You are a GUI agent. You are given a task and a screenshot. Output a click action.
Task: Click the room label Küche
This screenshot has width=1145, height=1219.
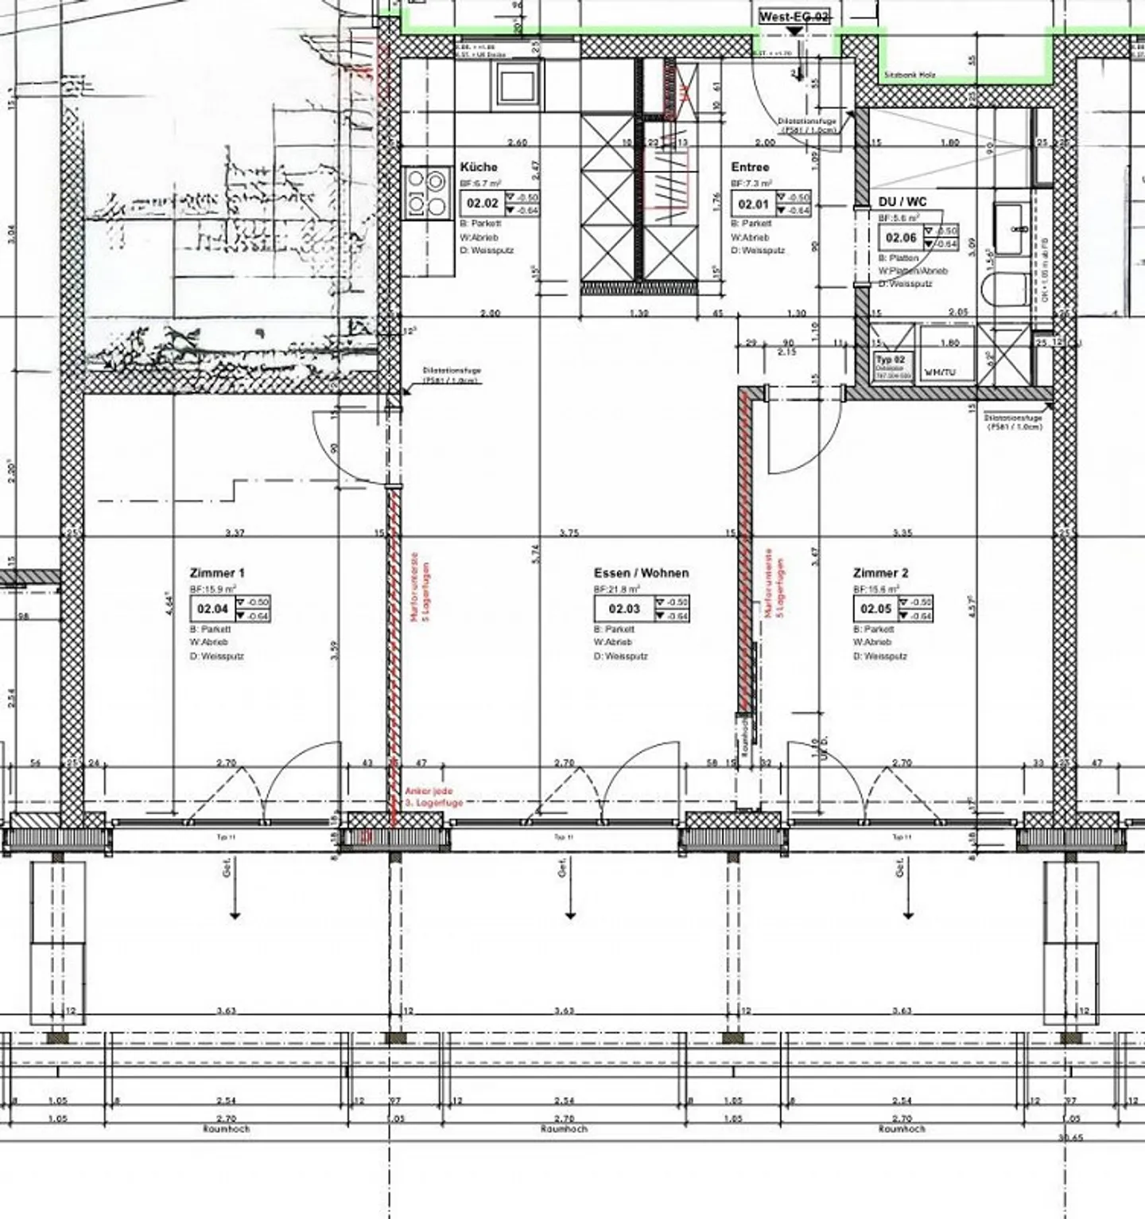click(x=479, y=167)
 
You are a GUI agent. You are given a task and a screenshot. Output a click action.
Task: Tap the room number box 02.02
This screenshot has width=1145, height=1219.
click(x=483, y=203)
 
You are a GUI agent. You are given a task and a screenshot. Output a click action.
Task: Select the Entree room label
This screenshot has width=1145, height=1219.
click(x=750, y=167)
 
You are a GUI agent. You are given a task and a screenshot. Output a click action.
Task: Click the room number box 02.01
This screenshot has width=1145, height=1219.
click(x=753, y=204)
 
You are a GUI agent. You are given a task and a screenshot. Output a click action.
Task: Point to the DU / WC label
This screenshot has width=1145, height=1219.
click(x=902, y=202)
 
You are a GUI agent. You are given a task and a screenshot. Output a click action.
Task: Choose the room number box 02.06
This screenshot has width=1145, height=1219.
click(x=901, y=238)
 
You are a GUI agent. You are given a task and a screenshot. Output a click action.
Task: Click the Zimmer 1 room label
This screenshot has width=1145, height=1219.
click(x=217, y=573)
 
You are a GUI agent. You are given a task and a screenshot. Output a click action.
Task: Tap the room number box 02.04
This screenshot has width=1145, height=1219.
click(x=213, y=609)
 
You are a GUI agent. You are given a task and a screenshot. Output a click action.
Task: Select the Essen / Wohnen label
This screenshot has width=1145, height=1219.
click(x=641, y=573)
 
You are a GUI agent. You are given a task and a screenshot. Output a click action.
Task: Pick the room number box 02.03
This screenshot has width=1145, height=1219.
click(x=624, y=609)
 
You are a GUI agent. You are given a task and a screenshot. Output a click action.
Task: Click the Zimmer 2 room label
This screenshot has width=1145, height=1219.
click(x=880, y=573)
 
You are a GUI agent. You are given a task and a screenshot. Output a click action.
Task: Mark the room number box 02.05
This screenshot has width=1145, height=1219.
click(x=875, y=609)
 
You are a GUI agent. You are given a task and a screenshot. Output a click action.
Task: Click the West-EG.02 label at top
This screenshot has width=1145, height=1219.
click(x=794, y=17)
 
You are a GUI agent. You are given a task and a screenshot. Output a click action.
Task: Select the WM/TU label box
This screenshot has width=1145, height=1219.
click(x=940, y=372)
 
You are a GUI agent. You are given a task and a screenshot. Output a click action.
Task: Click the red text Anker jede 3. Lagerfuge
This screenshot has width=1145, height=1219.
click(x=433, y=797)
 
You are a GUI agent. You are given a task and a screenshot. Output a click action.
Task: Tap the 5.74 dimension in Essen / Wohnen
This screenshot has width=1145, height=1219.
click(x=535, y=554)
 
